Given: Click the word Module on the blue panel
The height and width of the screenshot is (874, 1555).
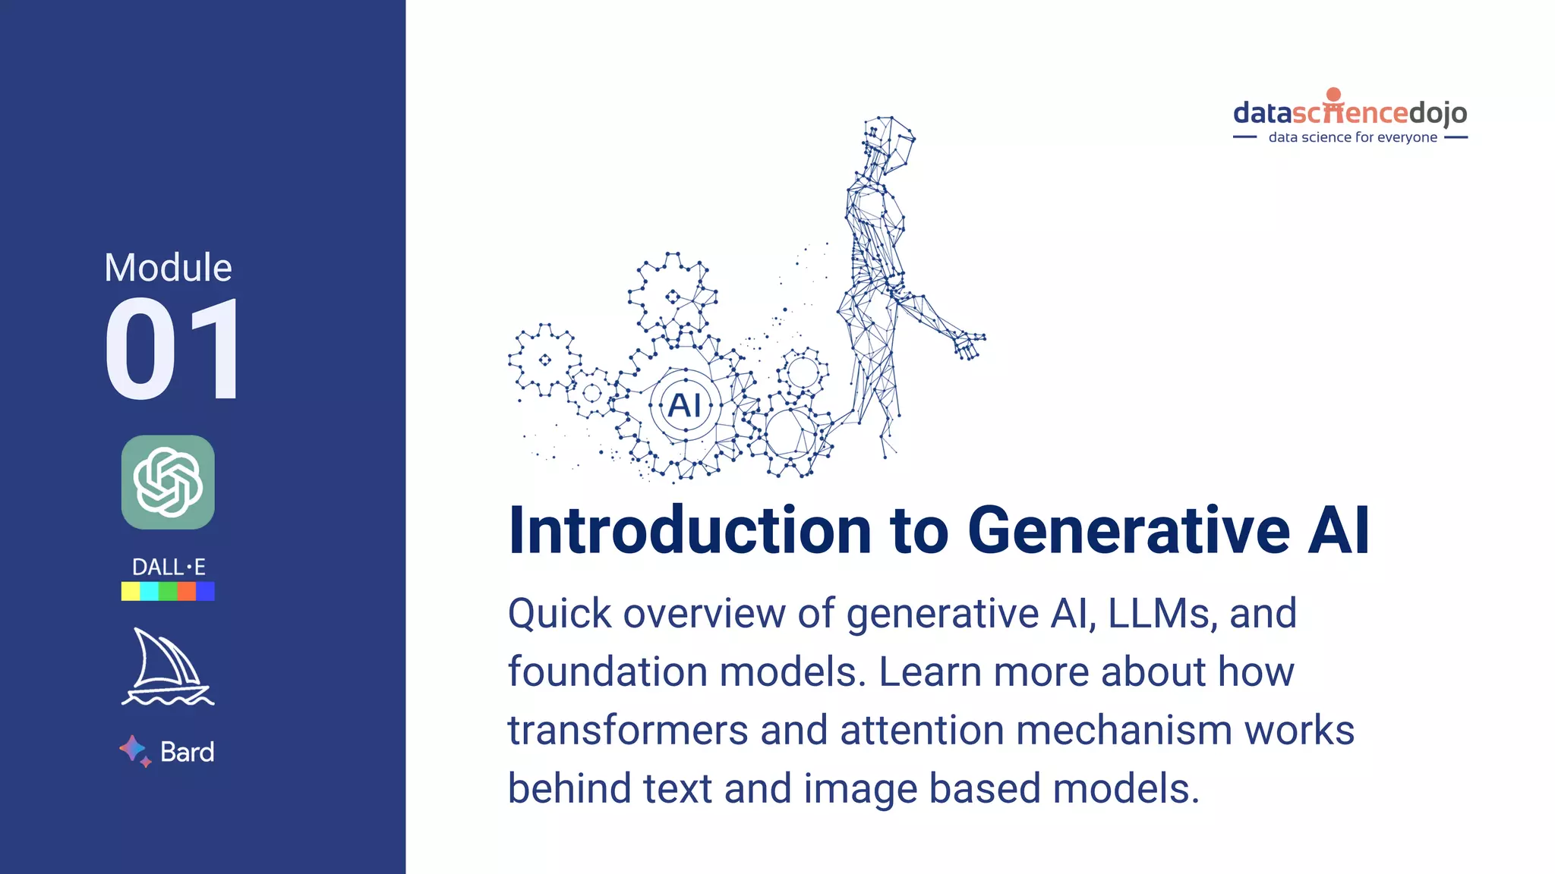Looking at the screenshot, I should [168, 268].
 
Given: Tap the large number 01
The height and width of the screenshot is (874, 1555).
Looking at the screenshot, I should [173, 350].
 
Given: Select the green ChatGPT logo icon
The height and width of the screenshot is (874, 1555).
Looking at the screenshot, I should [168, 482].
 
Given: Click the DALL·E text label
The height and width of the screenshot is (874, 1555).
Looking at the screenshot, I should [168, 567].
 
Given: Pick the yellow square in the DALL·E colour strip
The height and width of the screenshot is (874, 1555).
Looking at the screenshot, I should [131, 591].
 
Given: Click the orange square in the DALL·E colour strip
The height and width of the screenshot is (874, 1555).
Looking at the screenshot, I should [187, 591].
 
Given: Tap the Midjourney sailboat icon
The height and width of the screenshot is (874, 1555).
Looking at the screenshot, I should [167, 667].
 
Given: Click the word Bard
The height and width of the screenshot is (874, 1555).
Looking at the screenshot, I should [188, 752].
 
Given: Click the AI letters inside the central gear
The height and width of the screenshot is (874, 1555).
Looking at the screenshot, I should [685, 405].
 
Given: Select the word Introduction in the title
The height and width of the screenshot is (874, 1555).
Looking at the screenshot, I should [689, 530].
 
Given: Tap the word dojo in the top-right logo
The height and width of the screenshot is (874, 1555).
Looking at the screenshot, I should [1438, 113].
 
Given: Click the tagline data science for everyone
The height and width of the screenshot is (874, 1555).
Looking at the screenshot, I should [1352, 137].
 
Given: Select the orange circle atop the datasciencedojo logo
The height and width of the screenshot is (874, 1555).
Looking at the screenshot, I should [1334, 94].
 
